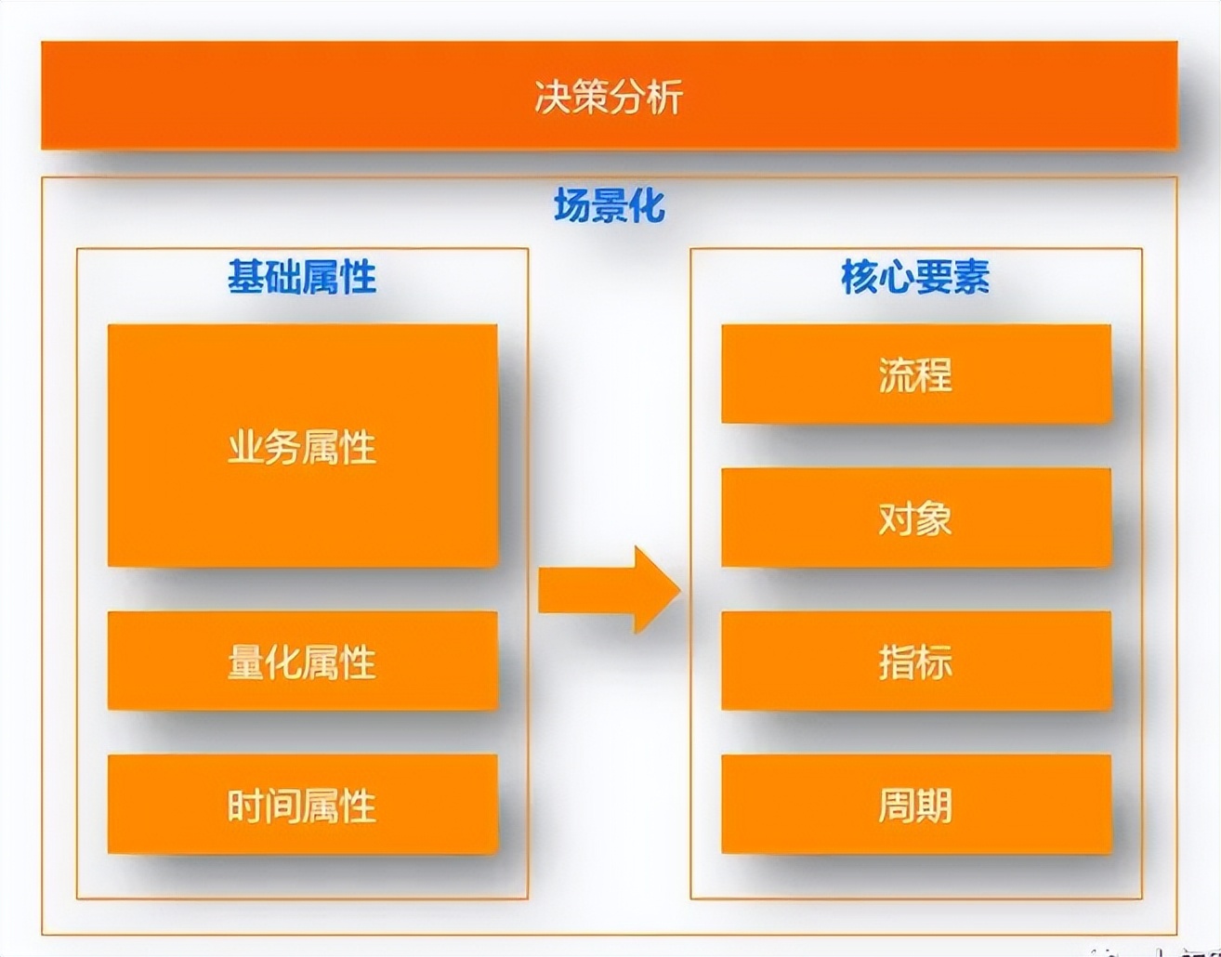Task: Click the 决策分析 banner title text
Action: click(609, 97)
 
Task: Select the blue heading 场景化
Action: click(609, 205)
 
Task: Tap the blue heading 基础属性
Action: click(302, 277)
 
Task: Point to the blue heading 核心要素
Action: click(915, 277)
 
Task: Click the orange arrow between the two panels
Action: click(609, 590)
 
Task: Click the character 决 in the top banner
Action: click(553, 97)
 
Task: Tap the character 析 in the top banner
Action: click(665, 97)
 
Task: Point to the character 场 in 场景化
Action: click(571, 205)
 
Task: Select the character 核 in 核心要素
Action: click(860, 277)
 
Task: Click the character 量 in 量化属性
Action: click(246, 662)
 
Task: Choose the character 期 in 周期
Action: click(934, 806)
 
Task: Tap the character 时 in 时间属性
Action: click(246, 806)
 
